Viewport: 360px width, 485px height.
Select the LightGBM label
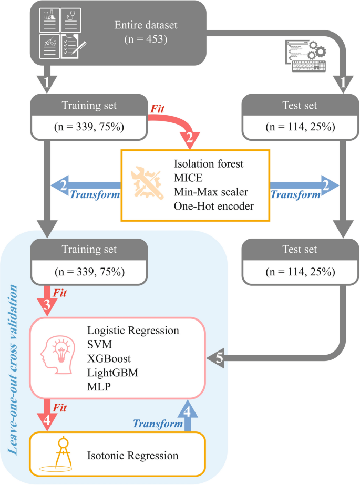tap(111, 372)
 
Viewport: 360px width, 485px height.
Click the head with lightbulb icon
tap(57, 357)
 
